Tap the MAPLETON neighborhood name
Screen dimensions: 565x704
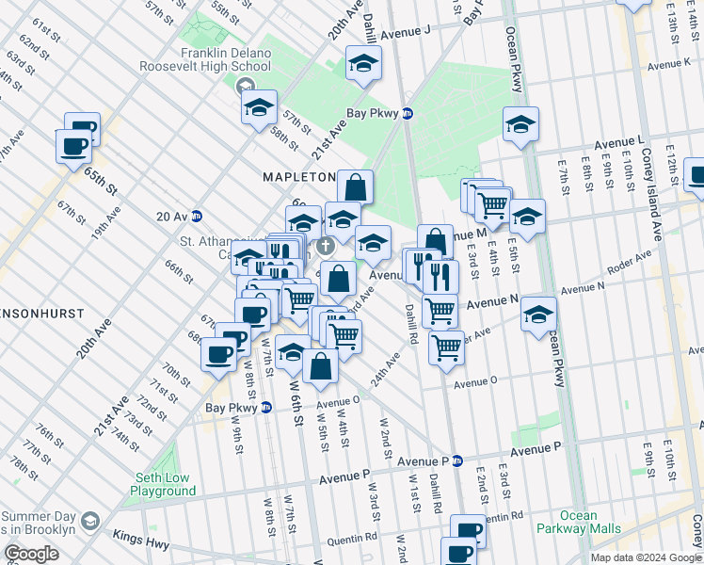[298, 177]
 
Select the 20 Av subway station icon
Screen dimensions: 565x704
[197, 216]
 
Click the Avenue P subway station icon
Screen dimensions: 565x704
[457, 460]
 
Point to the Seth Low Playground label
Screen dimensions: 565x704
[163, 484]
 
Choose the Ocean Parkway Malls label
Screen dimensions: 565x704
[578, 522]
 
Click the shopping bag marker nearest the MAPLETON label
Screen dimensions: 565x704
[355, 186]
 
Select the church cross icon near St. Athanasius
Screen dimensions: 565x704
[326, 248]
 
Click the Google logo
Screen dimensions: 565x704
[32, 554]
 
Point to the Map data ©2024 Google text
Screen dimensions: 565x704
[645, 557]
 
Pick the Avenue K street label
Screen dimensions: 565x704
[669, 64]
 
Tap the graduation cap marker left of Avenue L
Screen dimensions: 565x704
[520, 123]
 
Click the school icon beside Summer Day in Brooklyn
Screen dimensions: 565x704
[89, 521]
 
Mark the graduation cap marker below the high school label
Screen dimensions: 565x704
[259, 107]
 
